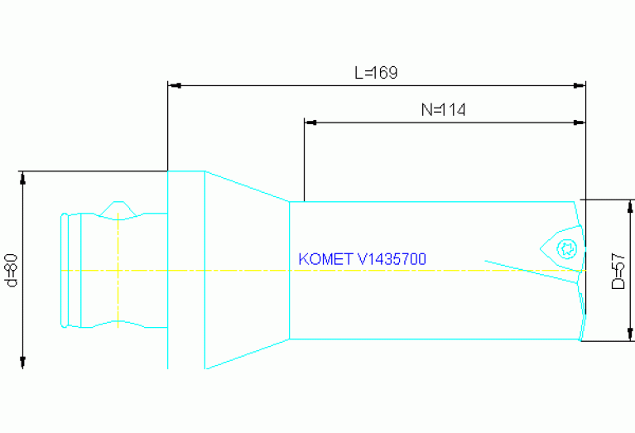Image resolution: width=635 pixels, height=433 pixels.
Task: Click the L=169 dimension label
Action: [376, 73]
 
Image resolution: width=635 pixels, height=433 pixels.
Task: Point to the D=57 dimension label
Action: [618, 271]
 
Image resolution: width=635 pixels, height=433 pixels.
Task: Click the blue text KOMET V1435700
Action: [362, 259]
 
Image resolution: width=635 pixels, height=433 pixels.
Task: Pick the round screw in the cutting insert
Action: [567, 246]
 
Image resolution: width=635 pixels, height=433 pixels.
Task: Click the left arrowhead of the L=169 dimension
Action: [173, 84]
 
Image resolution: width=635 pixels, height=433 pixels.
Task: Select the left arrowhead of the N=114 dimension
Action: [310, 122]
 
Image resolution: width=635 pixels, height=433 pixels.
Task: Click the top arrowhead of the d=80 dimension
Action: [23, 176]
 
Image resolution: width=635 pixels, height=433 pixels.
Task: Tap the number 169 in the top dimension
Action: [385, 73]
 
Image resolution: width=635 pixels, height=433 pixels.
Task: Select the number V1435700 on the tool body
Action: [391, 259]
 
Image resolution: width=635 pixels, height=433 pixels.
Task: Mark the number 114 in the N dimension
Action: [454, 110]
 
